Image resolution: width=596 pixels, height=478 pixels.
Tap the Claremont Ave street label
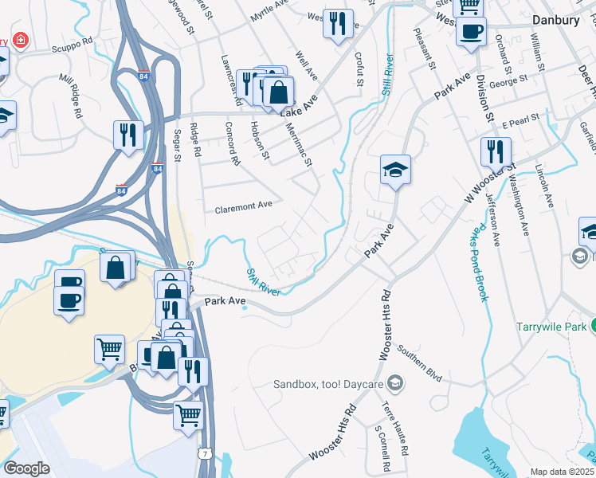[244, 206]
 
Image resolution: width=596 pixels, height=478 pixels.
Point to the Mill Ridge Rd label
[71, 97]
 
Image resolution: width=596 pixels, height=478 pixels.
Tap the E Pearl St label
[521, 119]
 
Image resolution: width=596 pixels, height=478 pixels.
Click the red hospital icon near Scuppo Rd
[18, 41]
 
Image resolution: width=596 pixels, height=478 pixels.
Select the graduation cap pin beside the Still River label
[395, 170]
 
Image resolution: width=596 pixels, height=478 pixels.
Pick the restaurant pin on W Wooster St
[496, 151]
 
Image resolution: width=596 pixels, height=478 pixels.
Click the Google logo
[26, 468]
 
